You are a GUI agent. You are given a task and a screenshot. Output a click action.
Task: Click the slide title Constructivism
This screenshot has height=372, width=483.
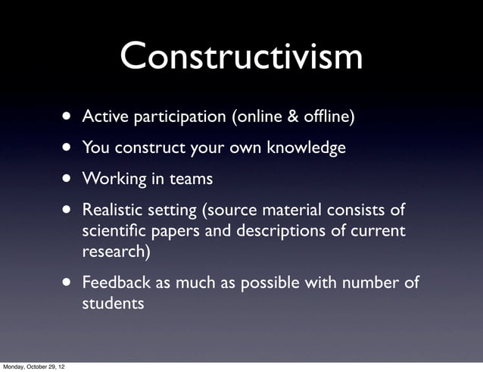[x=241, y=57]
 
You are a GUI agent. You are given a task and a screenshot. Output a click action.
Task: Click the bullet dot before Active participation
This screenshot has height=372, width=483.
[x=69, y=117]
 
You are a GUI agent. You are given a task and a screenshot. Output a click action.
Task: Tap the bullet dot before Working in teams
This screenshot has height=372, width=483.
[x=69, y=180]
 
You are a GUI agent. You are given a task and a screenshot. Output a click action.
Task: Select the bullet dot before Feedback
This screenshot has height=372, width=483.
[x=69, y=283]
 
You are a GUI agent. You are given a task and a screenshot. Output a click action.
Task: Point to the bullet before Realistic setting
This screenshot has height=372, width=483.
[x=69, y=209]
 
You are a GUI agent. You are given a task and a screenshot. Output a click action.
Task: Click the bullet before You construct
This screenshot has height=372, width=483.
[x=69, y=148]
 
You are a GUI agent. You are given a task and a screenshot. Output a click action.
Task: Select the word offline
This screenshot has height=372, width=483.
[x=326, y=117]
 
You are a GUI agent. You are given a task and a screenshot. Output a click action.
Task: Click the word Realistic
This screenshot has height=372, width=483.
[x=114, y=209]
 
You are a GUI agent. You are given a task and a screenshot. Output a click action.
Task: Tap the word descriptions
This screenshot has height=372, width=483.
[x=294, y=230]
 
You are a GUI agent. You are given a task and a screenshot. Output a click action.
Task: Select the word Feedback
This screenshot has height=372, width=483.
[x=116, y=283]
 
